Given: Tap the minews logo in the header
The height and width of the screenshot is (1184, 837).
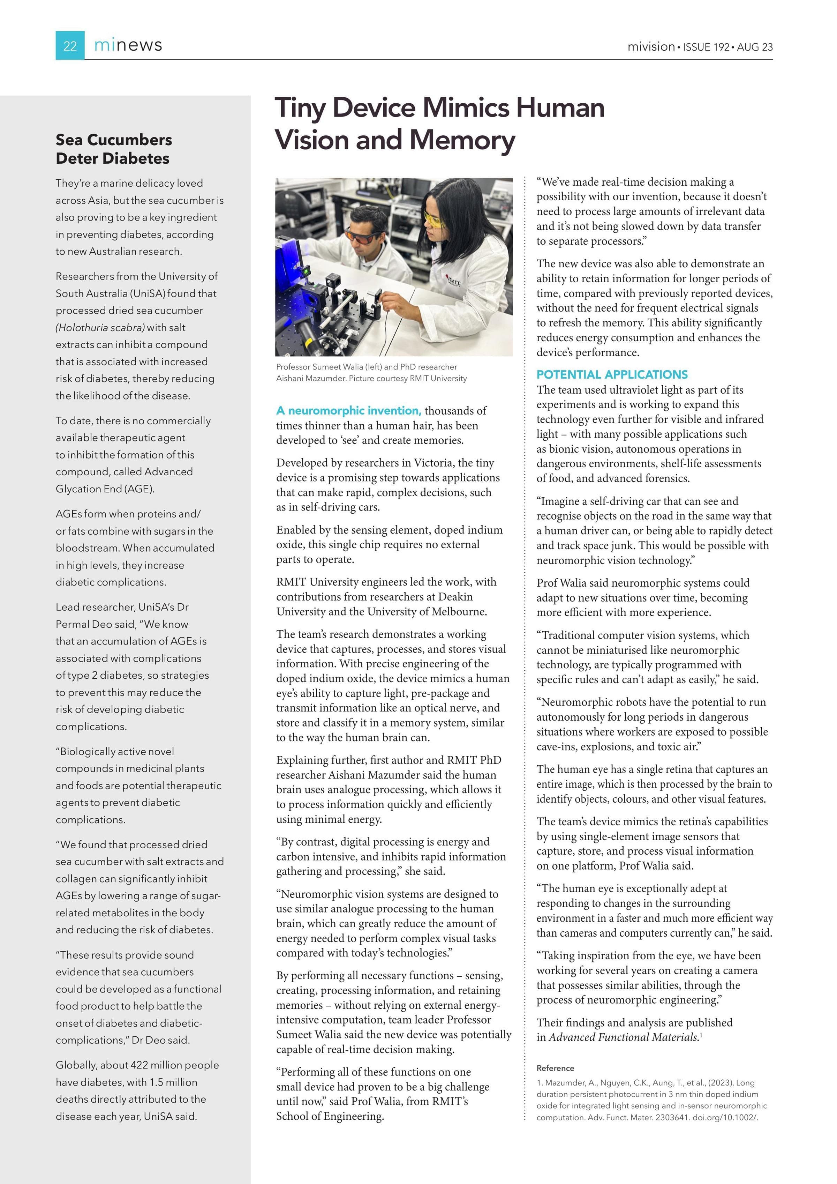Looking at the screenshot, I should pyautogui.click(x=128, y=45).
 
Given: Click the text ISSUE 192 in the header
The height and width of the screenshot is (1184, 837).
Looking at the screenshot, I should pyautogui.click(x=706, y=47).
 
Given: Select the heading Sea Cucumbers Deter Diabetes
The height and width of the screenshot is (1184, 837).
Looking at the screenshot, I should pyautogui.click(x=113, y=149).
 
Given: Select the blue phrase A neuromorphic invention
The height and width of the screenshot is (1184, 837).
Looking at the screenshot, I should pyautogui.click(x=348, y=410).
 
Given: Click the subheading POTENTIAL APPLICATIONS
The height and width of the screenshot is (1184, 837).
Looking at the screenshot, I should pyautogui.click(x=612, y=374).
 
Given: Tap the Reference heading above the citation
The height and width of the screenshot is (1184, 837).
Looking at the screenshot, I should pyautogui.click(x=555, y=1068).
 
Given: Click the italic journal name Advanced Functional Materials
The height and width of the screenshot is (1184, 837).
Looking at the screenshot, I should pyautogui.click(x=623, y=1037).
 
